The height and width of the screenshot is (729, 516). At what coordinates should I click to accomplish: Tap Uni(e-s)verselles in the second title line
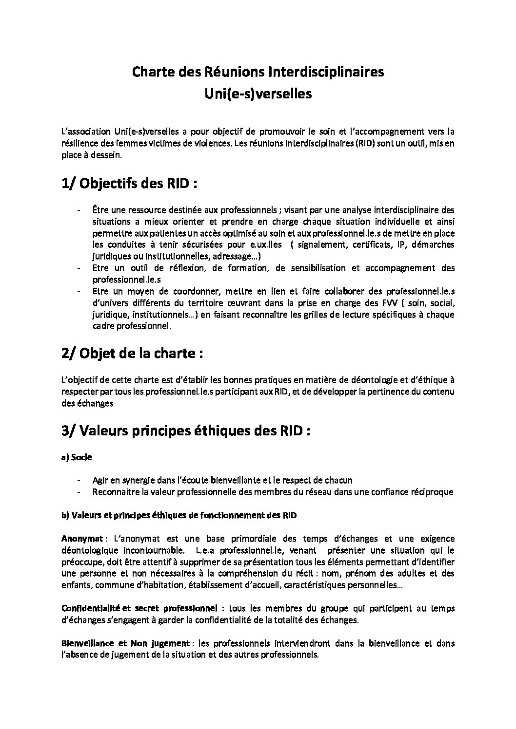click(258, 93)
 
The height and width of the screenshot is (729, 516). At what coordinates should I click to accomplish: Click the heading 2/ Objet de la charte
click(132, 353)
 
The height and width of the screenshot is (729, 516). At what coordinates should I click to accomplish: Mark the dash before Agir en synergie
click(79, 480)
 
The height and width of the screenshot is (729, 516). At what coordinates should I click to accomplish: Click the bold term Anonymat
click(82, 539)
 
